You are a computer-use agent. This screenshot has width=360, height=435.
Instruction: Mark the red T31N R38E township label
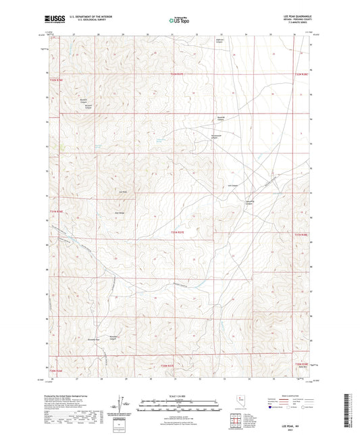point(301,365)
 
